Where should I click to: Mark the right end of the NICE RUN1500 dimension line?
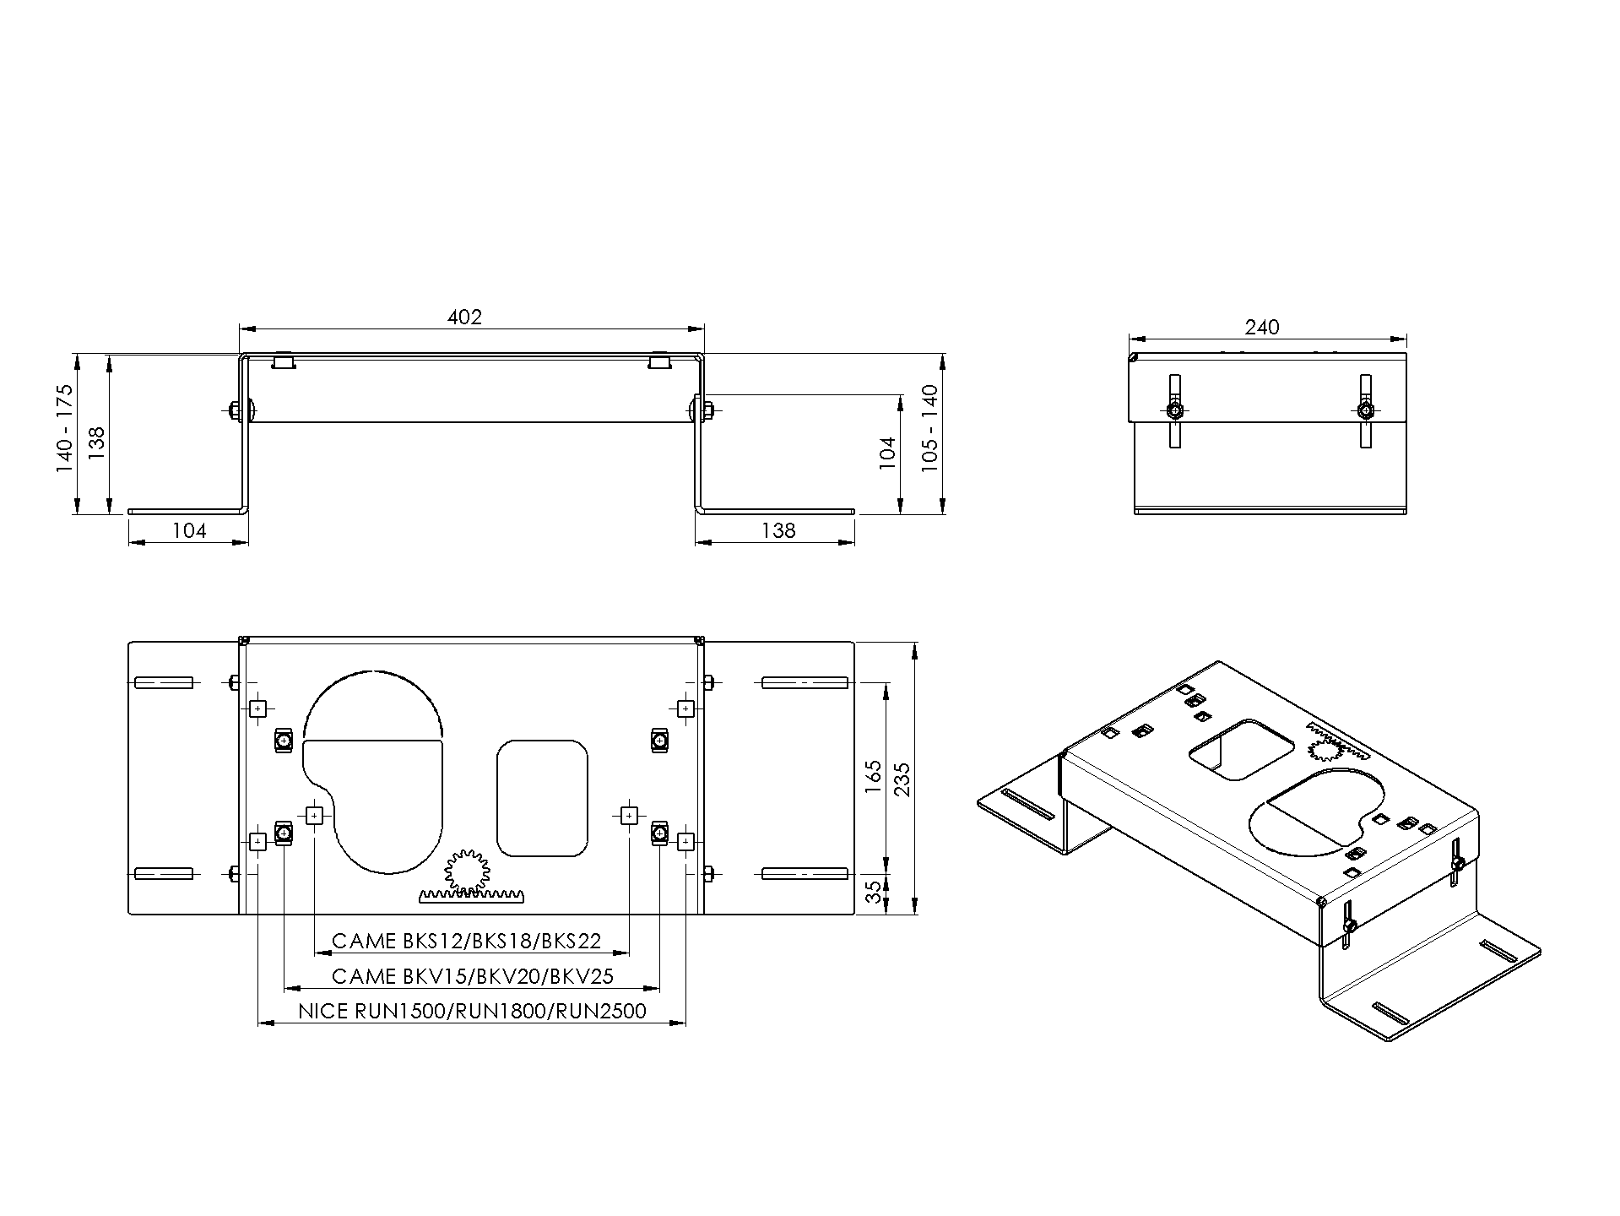(x=685, y=1023)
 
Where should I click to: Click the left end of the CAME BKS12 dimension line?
(x=315, y=953)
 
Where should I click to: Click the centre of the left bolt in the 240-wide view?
(x=1174, y=411)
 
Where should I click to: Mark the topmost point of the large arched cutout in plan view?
(x=372, y=672)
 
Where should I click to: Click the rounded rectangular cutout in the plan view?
(x=542, y=798)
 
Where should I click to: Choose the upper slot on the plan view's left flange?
(x=164, y=682)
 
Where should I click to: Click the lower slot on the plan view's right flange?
(x=805, y=873)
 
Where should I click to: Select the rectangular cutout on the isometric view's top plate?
(x=1240, y=750)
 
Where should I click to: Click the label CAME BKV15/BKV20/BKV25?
(x=473, y=977)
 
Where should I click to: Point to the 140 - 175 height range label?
(x=65, y=428)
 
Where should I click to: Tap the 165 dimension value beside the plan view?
(x=875, y=777)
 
